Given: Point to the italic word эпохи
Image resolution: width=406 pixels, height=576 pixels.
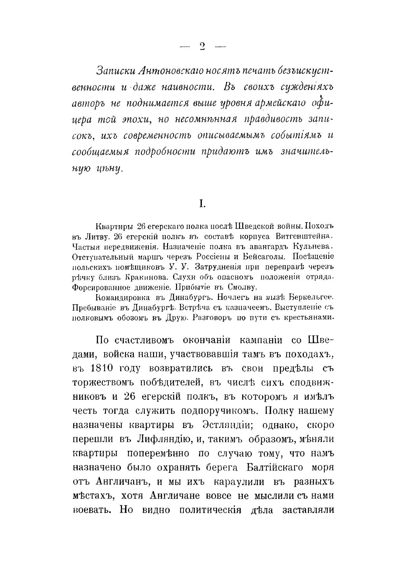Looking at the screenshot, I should [x=134, y=119].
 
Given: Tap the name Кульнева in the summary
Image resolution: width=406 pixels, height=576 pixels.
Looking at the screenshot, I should [x=312, y=246].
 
